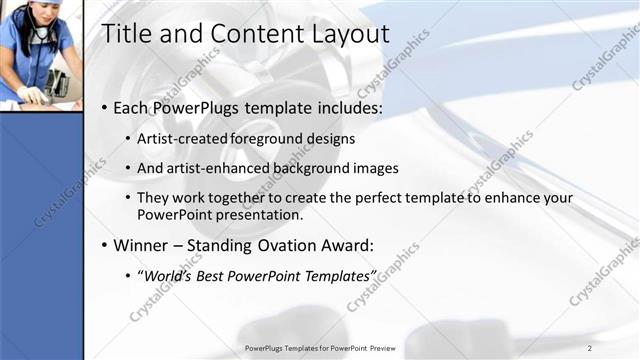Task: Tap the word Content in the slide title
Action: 245,34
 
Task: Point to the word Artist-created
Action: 183,139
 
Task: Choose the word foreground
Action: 271,139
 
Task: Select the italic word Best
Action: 214,275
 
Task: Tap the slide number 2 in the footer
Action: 589,348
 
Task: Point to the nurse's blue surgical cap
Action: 26,5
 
